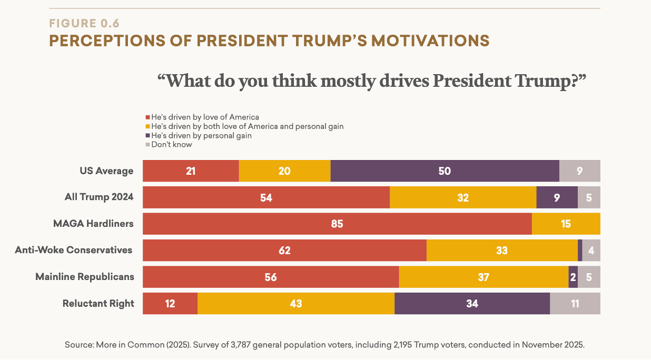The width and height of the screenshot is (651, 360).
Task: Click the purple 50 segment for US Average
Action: [x=445, y=171]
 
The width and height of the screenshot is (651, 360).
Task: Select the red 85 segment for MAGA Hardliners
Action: [x=337, y=224]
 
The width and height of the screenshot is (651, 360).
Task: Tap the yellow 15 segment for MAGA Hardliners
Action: [x=566, y=224]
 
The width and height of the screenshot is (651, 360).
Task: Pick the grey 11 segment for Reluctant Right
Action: [x=575, y=304]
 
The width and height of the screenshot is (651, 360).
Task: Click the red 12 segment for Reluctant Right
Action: [x=170, y=304]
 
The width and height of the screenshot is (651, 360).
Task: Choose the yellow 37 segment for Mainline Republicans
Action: [x=484, y=277]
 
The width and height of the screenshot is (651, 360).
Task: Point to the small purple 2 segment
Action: [x=573, y=277]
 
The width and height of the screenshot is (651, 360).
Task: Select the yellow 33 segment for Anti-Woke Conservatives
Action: [x=502, y=251]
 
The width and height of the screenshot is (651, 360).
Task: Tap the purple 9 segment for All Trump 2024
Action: [x=557, y=197]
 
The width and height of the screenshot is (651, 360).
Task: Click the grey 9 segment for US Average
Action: [x=579, y=171]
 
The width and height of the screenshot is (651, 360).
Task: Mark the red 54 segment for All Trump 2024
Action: [x=266, y=197]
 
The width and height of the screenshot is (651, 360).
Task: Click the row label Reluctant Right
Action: [x=98, y=304]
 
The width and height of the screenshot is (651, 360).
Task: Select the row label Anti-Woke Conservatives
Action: [x=73, y=250]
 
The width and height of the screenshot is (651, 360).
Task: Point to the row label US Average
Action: [x=106, y=171]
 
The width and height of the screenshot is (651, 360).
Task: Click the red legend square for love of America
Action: [x=147, y=117]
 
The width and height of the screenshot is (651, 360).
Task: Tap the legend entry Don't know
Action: [x=172, y=145]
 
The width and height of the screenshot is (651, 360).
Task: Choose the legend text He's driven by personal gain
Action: [x=201, y=135]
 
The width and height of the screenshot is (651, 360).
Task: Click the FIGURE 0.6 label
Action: [x=84, y=23]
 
